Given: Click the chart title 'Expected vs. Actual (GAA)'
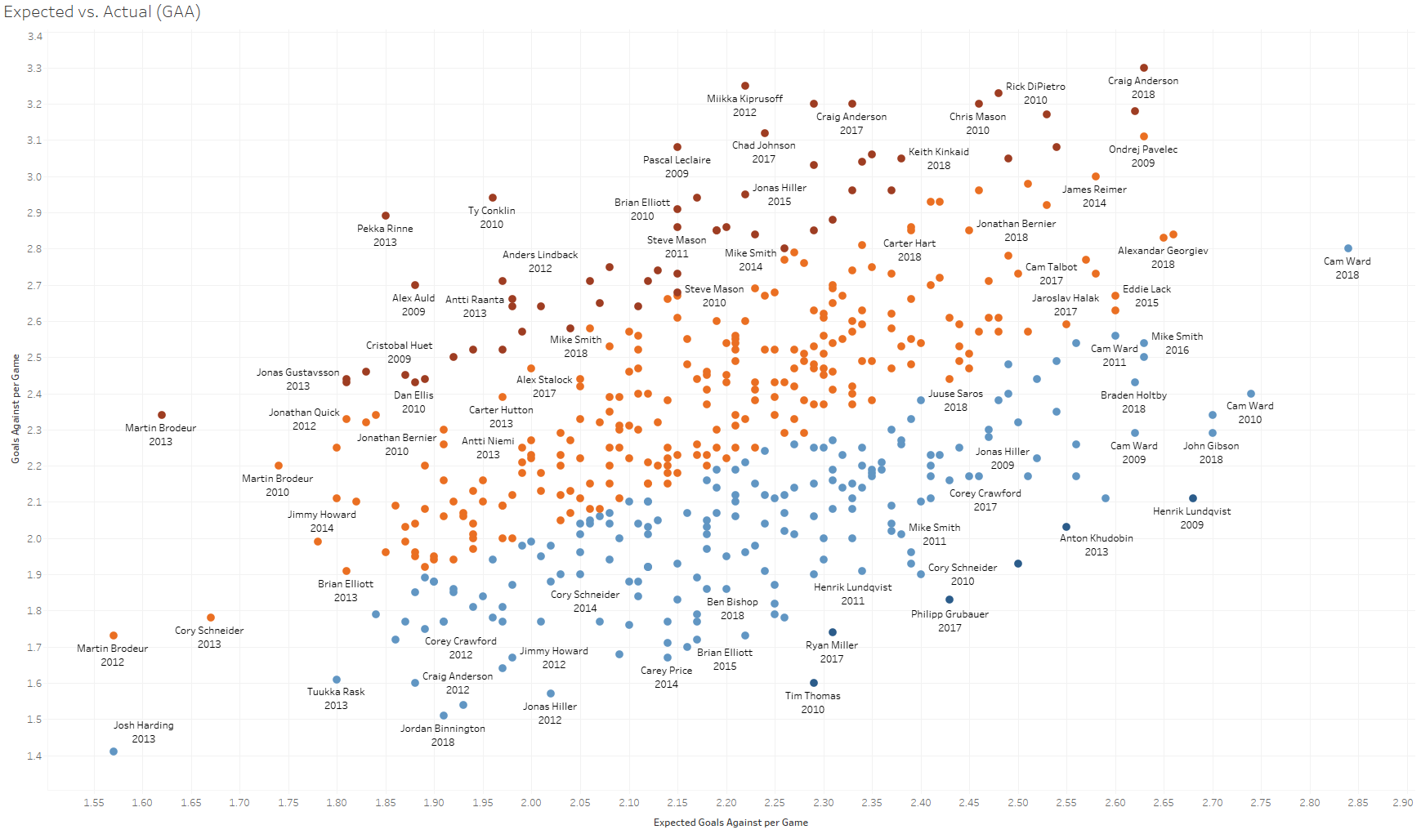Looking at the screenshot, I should (102, 12).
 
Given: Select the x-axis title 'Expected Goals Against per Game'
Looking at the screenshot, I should (731, 823).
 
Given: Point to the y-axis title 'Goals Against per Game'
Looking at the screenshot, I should (16, 408).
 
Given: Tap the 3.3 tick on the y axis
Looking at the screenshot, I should (34, 69).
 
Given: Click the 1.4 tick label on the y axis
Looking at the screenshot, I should (34, 756).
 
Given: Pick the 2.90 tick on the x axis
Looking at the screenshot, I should (1402, 803).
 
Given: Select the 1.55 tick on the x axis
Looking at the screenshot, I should (94, 803).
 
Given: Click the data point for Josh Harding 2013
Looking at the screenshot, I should (114, 751).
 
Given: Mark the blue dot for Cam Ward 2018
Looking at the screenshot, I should (1348, 248).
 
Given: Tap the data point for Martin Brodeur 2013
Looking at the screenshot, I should (162, 415).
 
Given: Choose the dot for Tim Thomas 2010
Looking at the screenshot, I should (814, 683).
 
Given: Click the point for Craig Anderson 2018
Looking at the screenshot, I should (1144, 68).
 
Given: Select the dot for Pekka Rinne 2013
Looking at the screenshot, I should (386, 216).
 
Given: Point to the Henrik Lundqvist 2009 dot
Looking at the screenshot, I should (1193, 498).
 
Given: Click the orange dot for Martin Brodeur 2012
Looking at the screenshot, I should (114, 636).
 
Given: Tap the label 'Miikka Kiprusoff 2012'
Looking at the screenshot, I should (744, 105).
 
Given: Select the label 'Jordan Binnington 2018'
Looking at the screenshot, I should (443, 735).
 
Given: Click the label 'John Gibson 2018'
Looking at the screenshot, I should (1211, 453).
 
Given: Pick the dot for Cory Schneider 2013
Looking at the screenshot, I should (211, 618).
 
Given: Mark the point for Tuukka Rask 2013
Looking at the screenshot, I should (337, 680).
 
